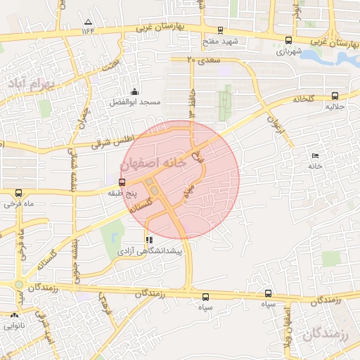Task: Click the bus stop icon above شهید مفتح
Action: coord(221,30)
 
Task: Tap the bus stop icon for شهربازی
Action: coord(289,40)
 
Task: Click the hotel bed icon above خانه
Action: coord(314,156)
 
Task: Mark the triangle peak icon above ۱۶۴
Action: coord(88,22)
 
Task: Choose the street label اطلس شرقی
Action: coord(116,142)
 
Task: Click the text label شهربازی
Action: coord(289,51)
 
